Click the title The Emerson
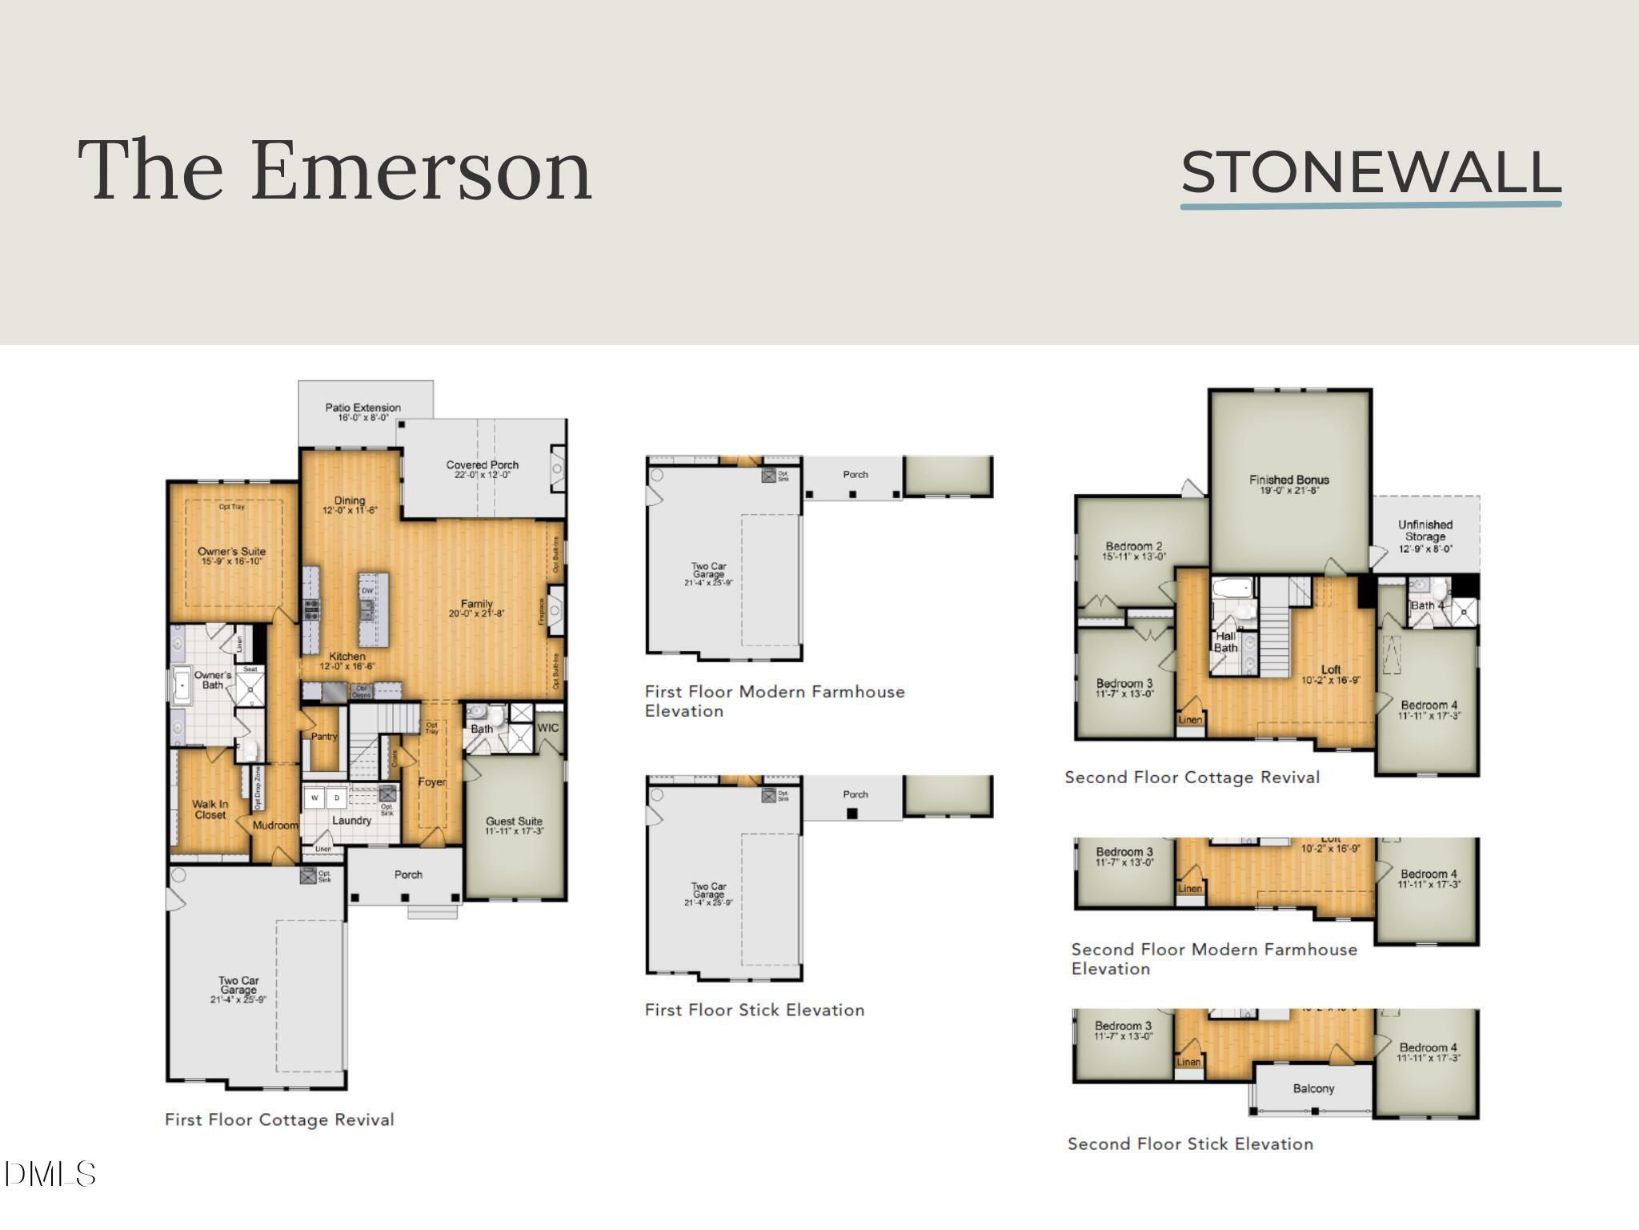click(x=335, y=171)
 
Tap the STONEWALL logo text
click(x=1370, y=173)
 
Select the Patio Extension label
click(x=363, y=408)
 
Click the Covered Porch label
click(x=482, y=465)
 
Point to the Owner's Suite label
click(x=231, y=552)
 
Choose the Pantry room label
click(x=324, y=737)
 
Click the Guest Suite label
click(x=514, y=822)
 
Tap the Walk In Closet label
click(x=210, y=810)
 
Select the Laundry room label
click(x=351, y=821)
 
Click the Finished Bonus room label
click(x=1288, y=480)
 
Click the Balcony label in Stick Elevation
click(x=1313, y=1089)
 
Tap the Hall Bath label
click(x=1225, y=642)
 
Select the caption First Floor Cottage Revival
click(x=279, y=1119)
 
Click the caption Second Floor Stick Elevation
click(x=1190, y=1144)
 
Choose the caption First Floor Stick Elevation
click(x=754, y=1010)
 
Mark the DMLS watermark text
click(x=50, y=1175)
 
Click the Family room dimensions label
click(x=476, y=614)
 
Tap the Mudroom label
click(x=275, y=826)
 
